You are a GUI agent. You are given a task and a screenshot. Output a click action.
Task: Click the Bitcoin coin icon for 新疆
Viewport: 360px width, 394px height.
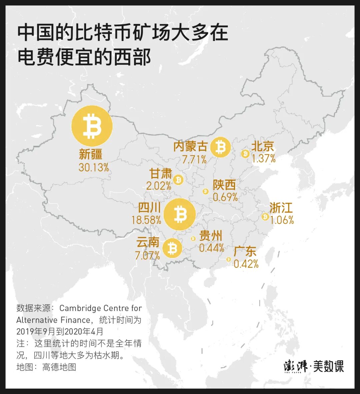[92, 126]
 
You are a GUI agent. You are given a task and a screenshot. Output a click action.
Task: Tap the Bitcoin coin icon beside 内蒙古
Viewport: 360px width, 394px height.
[220, 147]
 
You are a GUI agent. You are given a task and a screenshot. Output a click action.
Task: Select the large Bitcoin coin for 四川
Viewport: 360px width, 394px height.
[180, 214]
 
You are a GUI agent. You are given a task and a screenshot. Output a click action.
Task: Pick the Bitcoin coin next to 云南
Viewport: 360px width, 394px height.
[172, 248]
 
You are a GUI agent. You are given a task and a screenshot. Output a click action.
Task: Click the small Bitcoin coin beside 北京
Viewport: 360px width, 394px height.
[246, 154]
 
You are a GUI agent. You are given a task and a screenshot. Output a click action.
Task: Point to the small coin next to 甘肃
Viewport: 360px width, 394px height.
[179, 180]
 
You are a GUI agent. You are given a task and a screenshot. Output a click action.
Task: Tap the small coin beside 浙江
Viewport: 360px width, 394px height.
[265, 217]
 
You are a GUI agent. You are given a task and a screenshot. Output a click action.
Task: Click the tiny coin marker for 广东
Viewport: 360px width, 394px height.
[228, 259]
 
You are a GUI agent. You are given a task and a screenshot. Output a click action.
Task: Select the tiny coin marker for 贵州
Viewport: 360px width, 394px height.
[193, 238]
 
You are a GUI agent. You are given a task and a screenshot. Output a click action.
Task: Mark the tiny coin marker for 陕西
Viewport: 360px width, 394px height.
[205, 191]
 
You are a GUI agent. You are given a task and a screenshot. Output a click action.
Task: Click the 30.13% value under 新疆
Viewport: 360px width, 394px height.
[94, 167]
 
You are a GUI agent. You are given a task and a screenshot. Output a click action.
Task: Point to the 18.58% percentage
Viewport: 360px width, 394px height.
[146, 220]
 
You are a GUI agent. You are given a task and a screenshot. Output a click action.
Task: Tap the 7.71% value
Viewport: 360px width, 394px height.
[194, 160]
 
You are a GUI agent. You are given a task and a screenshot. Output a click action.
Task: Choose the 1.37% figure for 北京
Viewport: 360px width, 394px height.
[264, 159]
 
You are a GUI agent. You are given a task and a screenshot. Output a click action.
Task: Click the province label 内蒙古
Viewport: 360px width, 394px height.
[190, 147]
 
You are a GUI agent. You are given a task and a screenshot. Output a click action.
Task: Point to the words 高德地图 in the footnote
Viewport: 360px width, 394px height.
[59, 367]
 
